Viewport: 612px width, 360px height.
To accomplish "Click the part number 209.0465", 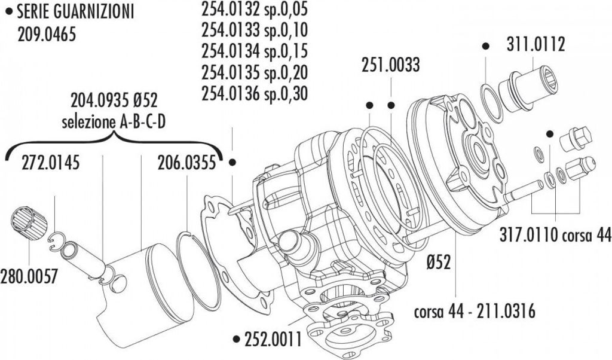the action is [47, 35].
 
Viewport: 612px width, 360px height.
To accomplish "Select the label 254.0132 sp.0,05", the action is [255, 9].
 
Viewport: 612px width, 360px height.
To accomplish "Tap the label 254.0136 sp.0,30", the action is [255, 93].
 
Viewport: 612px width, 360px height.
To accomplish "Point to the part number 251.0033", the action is [390, 65].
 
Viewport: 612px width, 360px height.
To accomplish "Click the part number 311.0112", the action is [535, 44].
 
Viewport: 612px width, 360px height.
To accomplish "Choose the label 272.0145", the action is [50, 163].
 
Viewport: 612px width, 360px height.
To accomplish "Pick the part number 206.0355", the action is [186, 163].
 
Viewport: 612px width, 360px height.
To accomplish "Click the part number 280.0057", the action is [29, 276].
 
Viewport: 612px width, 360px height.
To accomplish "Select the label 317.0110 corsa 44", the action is [555, 235].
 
